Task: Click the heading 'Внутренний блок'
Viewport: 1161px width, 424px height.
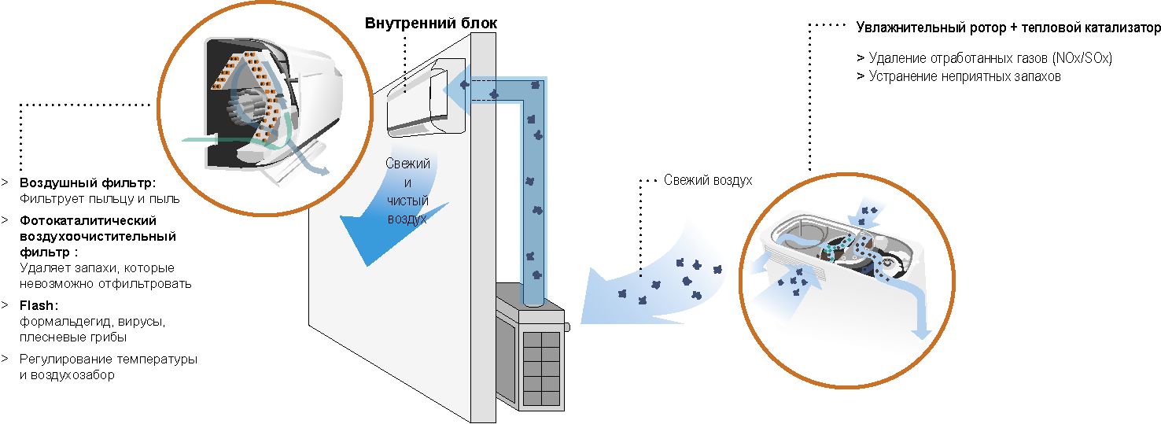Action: [431, 23]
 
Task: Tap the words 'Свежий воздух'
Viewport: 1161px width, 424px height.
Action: [708, 180]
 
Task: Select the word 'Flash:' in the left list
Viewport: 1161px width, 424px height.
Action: [39, 305]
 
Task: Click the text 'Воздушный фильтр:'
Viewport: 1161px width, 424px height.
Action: [87, 183]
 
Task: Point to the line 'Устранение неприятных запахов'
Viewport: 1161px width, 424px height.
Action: [964, 76]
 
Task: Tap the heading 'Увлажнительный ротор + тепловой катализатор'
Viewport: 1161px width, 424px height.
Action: [1008, 28]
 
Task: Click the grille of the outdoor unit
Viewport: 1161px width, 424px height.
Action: [540, 367]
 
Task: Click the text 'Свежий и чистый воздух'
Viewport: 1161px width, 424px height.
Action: [407, 191]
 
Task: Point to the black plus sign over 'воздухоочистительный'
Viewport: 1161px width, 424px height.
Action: [71, 234]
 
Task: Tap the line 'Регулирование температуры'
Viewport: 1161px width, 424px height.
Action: [109, 359]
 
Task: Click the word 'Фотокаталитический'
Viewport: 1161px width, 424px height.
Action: [88, 220]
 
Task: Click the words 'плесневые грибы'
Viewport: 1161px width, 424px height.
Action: [73, 337]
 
